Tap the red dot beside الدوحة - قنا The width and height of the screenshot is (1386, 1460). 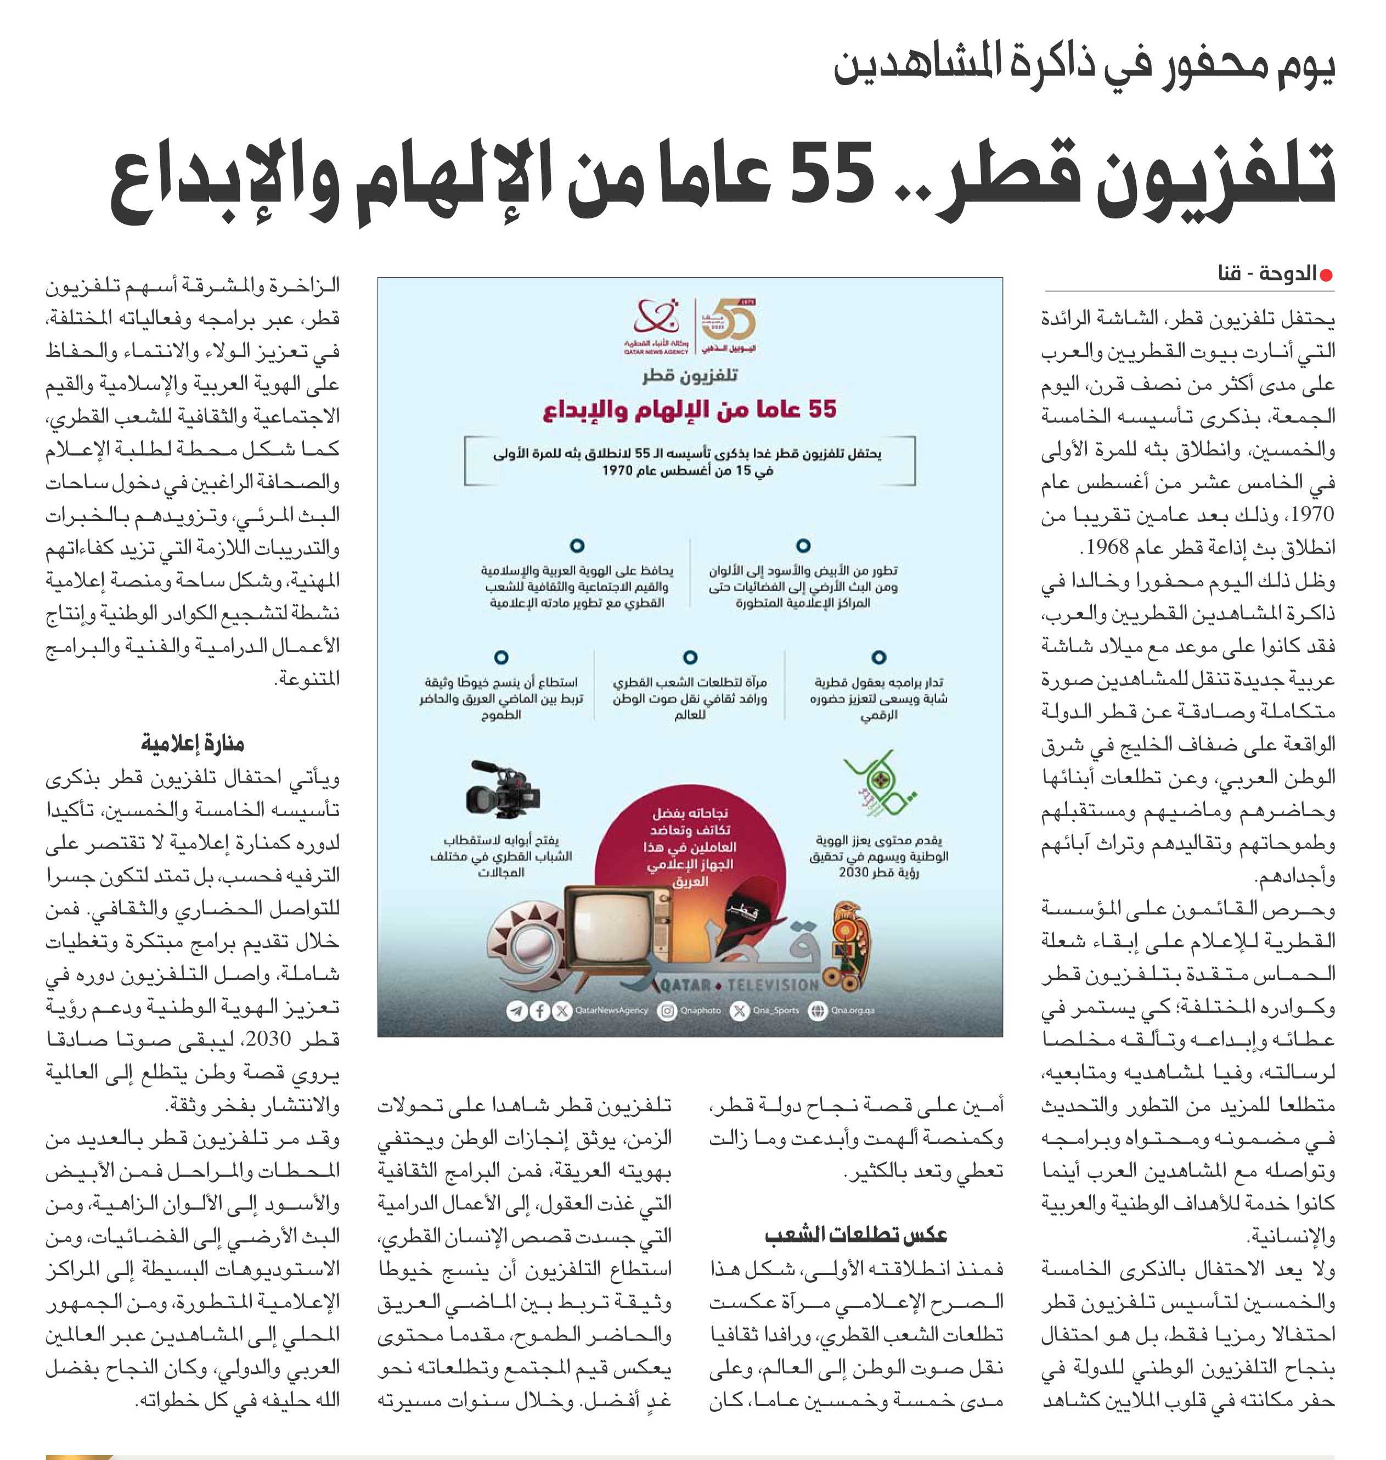tap(1326, 275)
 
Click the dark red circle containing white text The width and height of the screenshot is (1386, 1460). tap(689, 850)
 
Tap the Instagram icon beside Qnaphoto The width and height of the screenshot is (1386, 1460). tap(667, 1010)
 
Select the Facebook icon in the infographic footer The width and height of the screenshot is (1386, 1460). tap(540, 1010)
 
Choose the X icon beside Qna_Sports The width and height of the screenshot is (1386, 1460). tap(739, 1010)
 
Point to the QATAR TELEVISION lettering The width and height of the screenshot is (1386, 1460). tap(739, 985)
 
